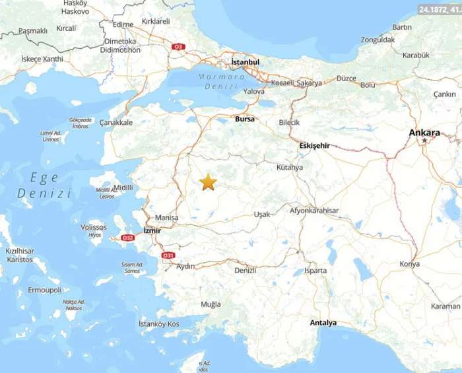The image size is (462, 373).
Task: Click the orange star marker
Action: pyautogui.click(x=209, y=183)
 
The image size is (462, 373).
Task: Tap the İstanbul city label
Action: pyautogui.click(x=245, y=62)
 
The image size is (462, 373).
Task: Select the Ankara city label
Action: pyautogui.click(x=424, y=133)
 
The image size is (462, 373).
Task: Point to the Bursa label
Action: pyautogui.click(x=245, y=119)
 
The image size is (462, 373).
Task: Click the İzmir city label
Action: pyautogui.click(x=152, y=230)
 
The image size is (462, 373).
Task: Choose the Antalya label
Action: pyautogui.click(x=323, y=323)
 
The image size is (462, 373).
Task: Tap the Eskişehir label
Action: pyautogui.click(x=314, y=145)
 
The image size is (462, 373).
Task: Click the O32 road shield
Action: pyautogui.click(x=128, y=238)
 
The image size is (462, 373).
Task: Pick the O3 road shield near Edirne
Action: pyautogui.click(x=178, y=47)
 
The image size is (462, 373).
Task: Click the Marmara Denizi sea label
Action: pyautogui.click(x=222, y=82)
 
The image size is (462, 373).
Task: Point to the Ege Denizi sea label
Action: pyautogui.click(x=44, y=186)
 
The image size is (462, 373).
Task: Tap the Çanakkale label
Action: pyautogui.click(x=116, y=122)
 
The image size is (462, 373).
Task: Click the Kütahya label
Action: pyautogui.click(x=290, y=167)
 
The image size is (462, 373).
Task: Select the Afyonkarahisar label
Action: pyautogui.click(x=314, y=211)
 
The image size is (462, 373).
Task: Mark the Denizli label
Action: pyautogui.click(x=245, y=270)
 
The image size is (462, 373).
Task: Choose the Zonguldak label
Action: pyautogui.click(x=378, y=40)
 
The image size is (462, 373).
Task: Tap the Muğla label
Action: pyautogui.click(x=211, y=304)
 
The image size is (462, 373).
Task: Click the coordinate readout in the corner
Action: pyautogui.click(x=440, y=9)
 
